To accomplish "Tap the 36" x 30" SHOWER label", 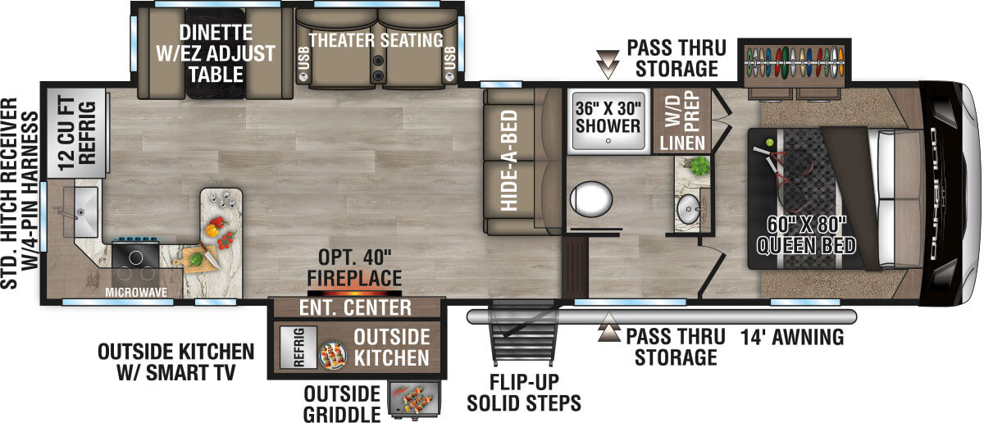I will click(608, 116).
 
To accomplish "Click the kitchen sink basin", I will click(83, 204).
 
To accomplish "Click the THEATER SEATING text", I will click(376, 40).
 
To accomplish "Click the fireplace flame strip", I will click(354, 292).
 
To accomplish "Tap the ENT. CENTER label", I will click(354, 308).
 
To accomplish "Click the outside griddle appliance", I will click(409, 400).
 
